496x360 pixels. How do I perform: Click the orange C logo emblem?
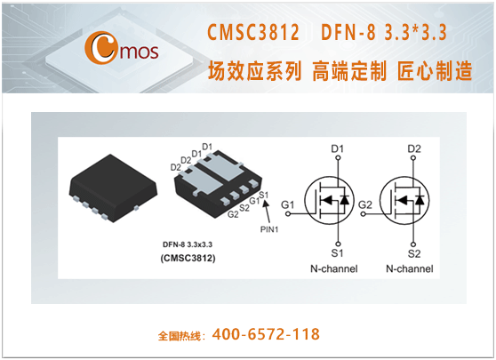[100, 47]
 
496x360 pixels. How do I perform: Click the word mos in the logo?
[140, 52]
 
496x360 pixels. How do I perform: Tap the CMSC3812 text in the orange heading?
[253, 32]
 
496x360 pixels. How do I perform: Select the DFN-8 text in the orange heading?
[348, 32]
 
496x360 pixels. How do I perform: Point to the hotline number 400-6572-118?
[266, 334]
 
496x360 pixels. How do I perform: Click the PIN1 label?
[269, 229]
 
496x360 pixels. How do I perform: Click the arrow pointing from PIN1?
[268, 212]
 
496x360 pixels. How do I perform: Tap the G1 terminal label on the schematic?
[287, 205]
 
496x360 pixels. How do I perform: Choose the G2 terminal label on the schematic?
[365, 205]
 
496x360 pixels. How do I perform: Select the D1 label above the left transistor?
[337, 148]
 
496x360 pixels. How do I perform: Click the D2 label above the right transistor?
[414, 148]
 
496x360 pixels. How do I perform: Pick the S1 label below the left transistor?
[337, 253]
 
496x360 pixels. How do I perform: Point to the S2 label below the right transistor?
[414, 253]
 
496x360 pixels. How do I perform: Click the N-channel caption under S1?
[334, 268]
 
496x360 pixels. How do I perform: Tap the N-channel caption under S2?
[410, 268]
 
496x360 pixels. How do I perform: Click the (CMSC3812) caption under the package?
[188, 258]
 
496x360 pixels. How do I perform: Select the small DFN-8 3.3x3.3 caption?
[188, 244]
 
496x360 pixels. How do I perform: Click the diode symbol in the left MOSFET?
[344, 200]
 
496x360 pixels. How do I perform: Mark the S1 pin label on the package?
[264, 195]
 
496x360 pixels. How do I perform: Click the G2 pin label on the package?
[233, 214]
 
